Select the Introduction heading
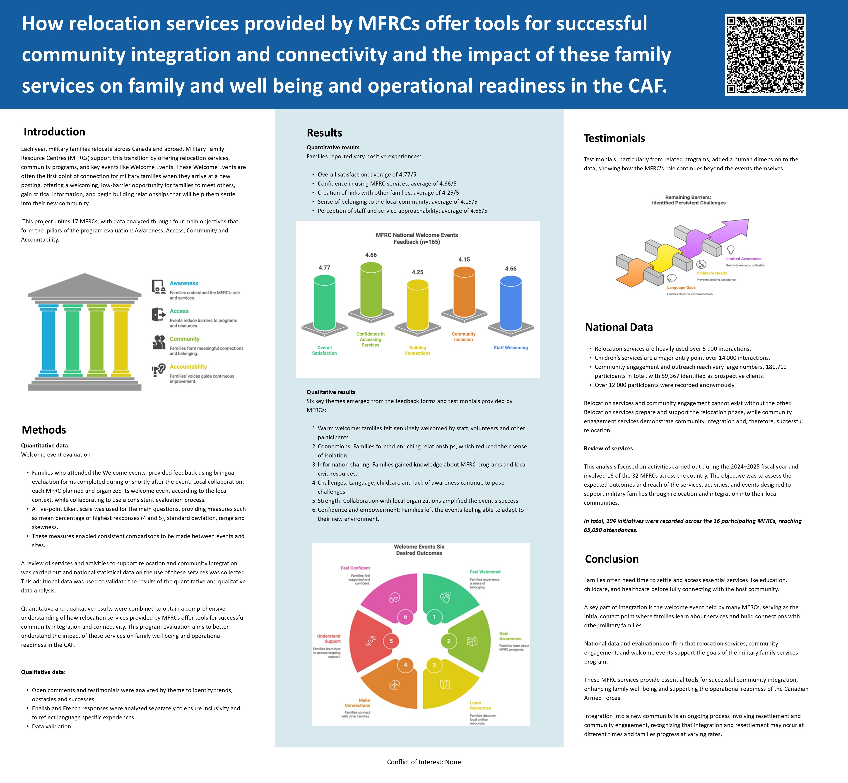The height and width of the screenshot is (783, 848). pyautogui.click(x=54, y=132)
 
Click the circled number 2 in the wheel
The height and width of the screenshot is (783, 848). pyautogui.click(x=448, y=641)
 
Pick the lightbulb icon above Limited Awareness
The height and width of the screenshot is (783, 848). pyautogui.click(x=731, y=250)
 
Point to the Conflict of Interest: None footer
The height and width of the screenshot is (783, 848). pyautogui.click(x=424, y=762)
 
